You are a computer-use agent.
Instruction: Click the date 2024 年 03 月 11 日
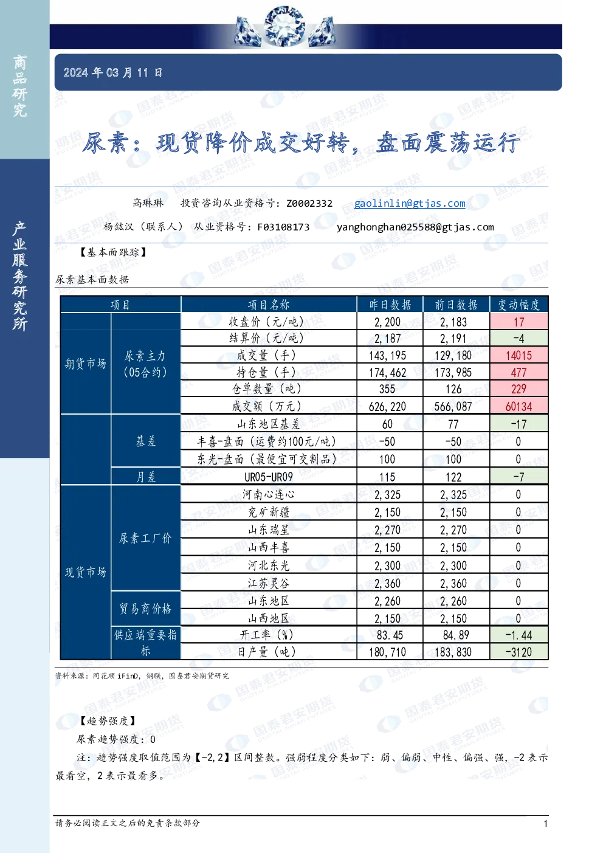(x=113, y=72)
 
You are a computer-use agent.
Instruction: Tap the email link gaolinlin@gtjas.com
(x=410, y=203)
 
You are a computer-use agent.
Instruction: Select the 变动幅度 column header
(x=519, y=305)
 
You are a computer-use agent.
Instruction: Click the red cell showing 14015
(x=519, y=355)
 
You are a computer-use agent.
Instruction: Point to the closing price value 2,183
(x=453, y=322)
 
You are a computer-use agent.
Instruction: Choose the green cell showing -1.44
(x=519, y=635)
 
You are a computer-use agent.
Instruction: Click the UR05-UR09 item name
(x=269, y=477)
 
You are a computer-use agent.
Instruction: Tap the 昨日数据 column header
(x=390, y=305)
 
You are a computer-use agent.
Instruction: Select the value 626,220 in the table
(x=387, y=406)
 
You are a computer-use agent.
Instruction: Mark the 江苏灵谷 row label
(x=269, y=583)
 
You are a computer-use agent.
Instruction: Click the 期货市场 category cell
(x=85, y=364)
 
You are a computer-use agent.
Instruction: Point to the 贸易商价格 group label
(x=145, y=608)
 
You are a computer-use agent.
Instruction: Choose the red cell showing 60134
(x=519, y=406)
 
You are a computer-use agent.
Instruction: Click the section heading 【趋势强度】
(x=108, y=720)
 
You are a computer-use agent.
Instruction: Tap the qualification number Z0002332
(x=309, y=203)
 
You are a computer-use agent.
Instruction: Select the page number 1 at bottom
(x=545, y=823)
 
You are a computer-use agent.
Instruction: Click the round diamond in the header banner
(x=284, y=26)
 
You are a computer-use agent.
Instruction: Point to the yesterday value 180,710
(x=387, y=652)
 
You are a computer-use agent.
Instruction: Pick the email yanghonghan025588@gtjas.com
(x=415, y=227)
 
